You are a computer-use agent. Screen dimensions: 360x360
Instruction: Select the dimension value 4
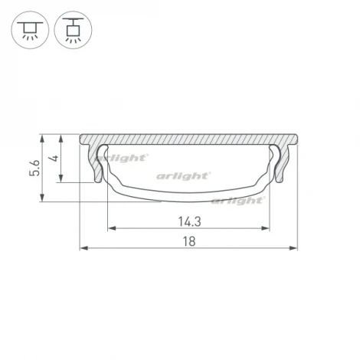52,161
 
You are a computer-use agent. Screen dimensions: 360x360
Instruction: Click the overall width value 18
189,241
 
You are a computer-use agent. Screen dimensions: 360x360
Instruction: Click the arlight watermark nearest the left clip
128,159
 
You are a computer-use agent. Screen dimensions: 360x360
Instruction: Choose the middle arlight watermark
183,175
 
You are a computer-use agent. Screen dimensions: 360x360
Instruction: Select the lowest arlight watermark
237,201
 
